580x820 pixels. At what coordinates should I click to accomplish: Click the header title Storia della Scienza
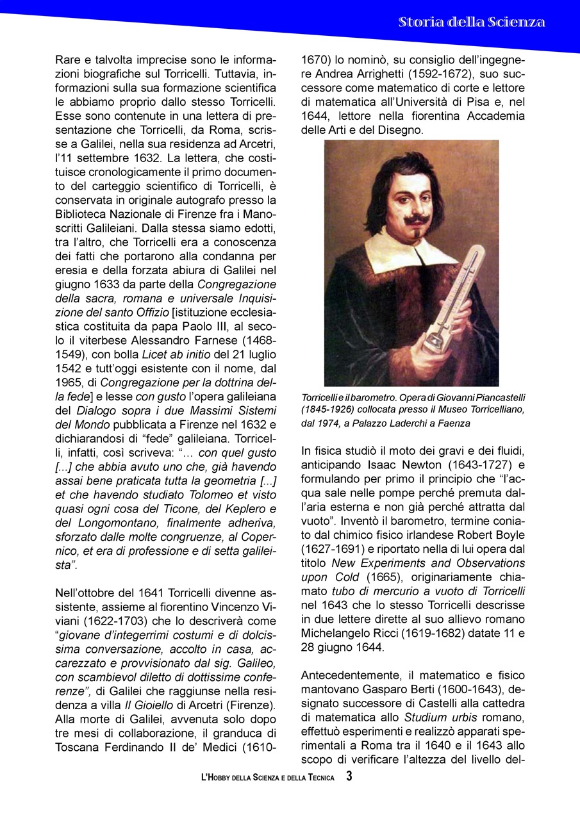472,22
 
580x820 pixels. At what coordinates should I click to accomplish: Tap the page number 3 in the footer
349,776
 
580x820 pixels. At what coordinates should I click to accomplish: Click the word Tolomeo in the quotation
192,495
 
